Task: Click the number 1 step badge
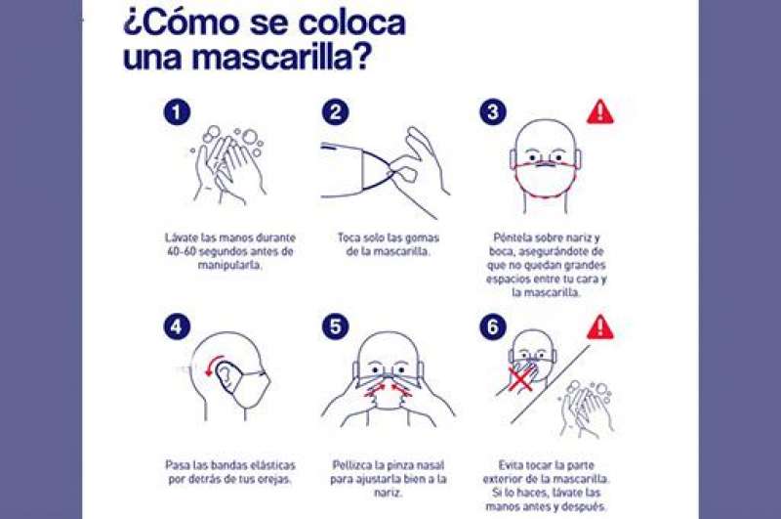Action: [x=177, y=112]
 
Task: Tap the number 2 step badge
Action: [x=335, y=112]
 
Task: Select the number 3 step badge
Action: [x=493, y=112]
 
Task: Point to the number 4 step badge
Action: [x=177, y=327]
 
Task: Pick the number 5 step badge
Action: [x=335, y=327]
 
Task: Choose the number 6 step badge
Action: [x=493, y=327]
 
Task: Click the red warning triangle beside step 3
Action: [x=600, y=112]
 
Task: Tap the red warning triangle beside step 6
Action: [x=600, y=327]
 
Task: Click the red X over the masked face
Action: [x=521, y=379]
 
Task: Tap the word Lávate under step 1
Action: [x=182, y=238]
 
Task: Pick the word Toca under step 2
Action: [x=349, y=238]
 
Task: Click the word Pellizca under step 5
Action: [x=352, y=465]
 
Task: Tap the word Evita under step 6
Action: [x=511, y=465]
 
